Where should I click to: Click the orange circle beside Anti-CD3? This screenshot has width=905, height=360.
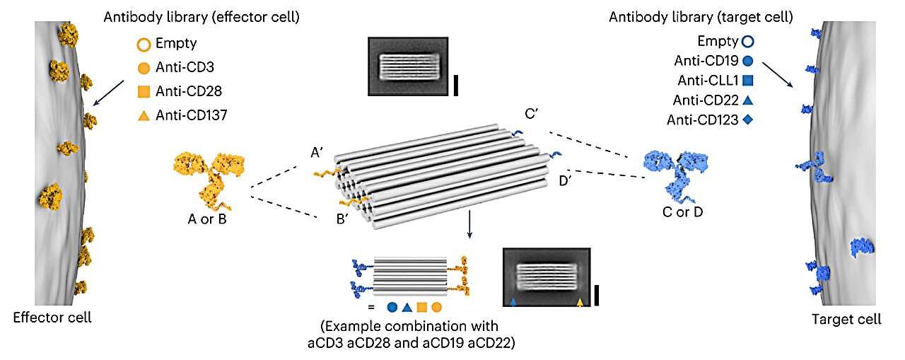point(143,69)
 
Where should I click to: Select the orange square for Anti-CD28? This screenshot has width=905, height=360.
point(143,91)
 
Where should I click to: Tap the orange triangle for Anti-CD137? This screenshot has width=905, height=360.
point(143,113)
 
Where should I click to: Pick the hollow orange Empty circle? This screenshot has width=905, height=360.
point(143,47)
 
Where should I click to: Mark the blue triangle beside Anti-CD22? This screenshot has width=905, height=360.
point(748,103)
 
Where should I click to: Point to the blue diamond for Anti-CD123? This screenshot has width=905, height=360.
point(748,120)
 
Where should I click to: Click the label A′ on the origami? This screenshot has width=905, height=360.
point(317,151)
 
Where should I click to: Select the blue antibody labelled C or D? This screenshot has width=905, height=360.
point(672,173)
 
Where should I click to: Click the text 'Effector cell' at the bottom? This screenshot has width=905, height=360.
point(52,318)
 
